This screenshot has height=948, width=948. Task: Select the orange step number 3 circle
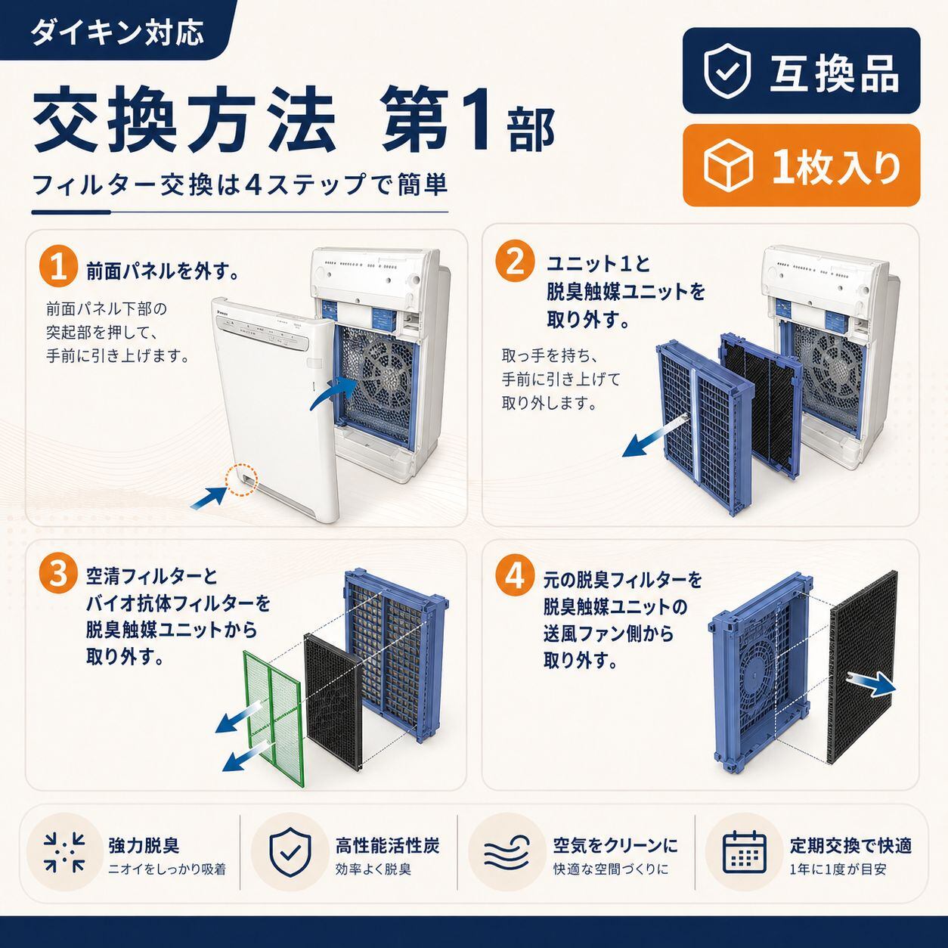(x=58, y=575)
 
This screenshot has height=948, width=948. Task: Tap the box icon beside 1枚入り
(x=729, y=165)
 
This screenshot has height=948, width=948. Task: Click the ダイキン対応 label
(x=118, y=34)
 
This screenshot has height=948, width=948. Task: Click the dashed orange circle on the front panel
(x=242, y=479)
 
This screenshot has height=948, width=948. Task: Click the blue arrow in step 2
(x=655, y=432)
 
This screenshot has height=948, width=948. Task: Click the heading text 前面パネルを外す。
(x=163, y=272)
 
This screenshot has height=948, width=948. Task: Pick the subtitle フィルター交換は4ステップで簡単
(x=240, y=185)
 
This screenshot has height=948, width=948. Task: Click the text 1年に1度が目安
(x=838, y=869)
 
